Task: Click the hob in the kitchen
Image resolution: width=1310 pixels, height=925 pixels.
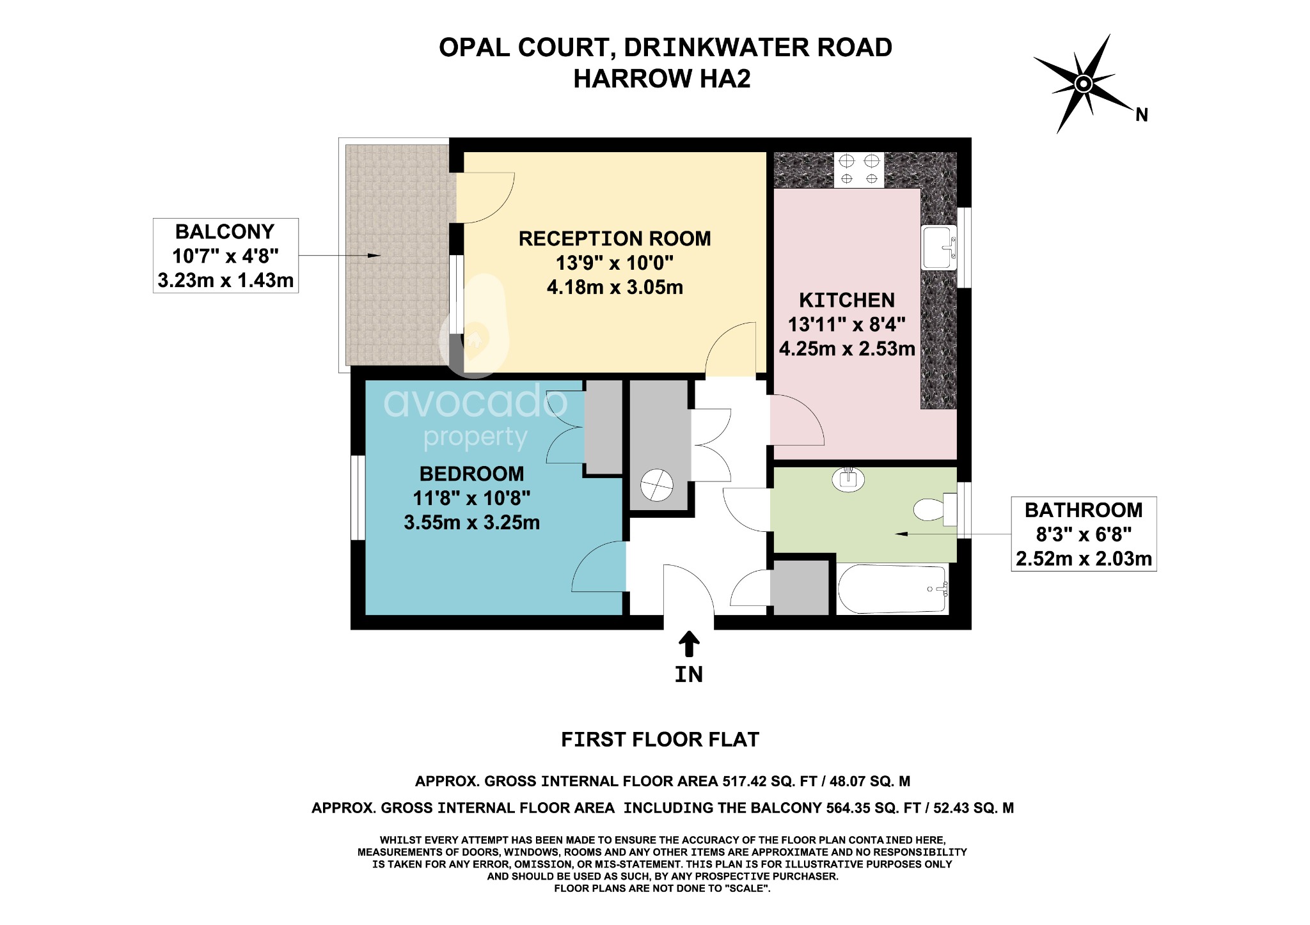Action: [x=859, y=169]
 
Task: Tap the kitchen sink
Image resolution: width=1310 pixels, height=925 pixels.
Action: [x=938, y=247]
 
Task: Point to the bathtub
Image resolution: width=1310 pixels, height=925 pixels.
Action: [x=893, y=589]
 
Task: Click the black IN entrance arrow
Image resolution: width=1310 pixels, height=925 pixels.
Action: [x=688, y=644]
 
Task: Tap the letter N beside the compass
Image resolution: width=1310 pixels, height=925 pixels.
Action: [x=1141, y=115]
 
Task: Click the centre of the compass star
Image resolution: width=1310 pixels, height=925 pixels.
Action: [x=1083, y=84]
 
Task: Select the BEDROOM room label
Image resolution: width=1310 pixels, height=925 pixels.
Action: [x=471, y=474]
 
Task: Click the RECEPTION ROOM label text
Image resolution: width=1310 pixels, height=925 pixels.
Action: [x=614, y=238]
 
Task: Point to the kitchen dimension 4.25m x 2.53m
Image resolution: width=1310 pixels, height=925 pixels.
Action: [x=847, y=348]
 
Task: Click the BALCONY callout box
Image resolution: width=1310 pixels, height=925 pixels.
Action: [x=225, y=256]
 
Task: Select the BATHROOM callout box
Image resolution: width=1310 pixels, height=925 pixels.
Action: [x=1083, y=534]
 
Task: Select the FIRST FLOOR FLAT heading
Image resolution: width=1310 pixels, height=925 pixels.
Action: [x=659, y=740]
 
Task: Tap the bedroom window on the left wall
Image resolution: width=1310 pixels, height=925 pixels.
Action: [x=358, y=497]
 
